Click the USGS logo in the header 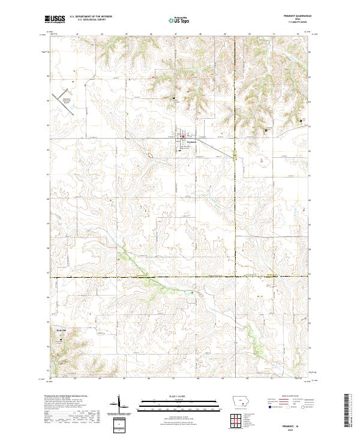click(x=55, y=20)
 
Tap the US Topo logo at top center click(x=180, y=20)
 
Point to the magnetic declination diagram click(x=119, y=405)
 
